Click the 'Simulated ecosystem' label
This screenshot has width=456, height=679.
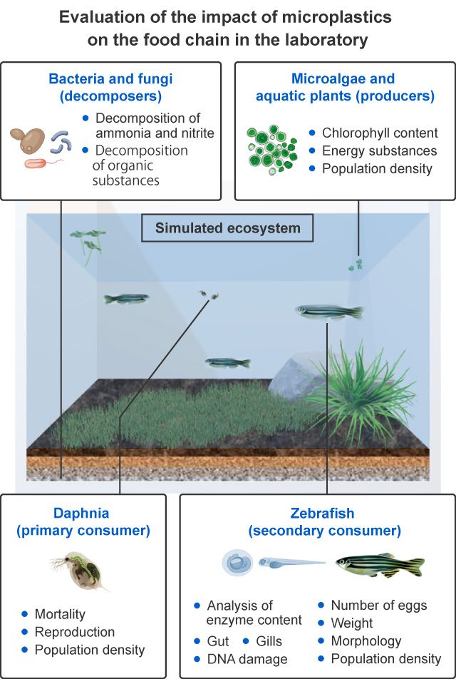[228, 229]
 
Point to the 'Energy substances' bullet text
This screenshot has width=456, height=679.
[379, 151]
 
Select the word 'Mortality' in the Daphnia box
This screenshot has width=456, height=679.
[61, 614]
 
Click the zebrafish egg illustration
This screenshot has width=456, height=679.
[236, 563]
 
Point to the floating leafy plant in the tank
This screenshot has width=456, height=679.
[88, 241]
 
